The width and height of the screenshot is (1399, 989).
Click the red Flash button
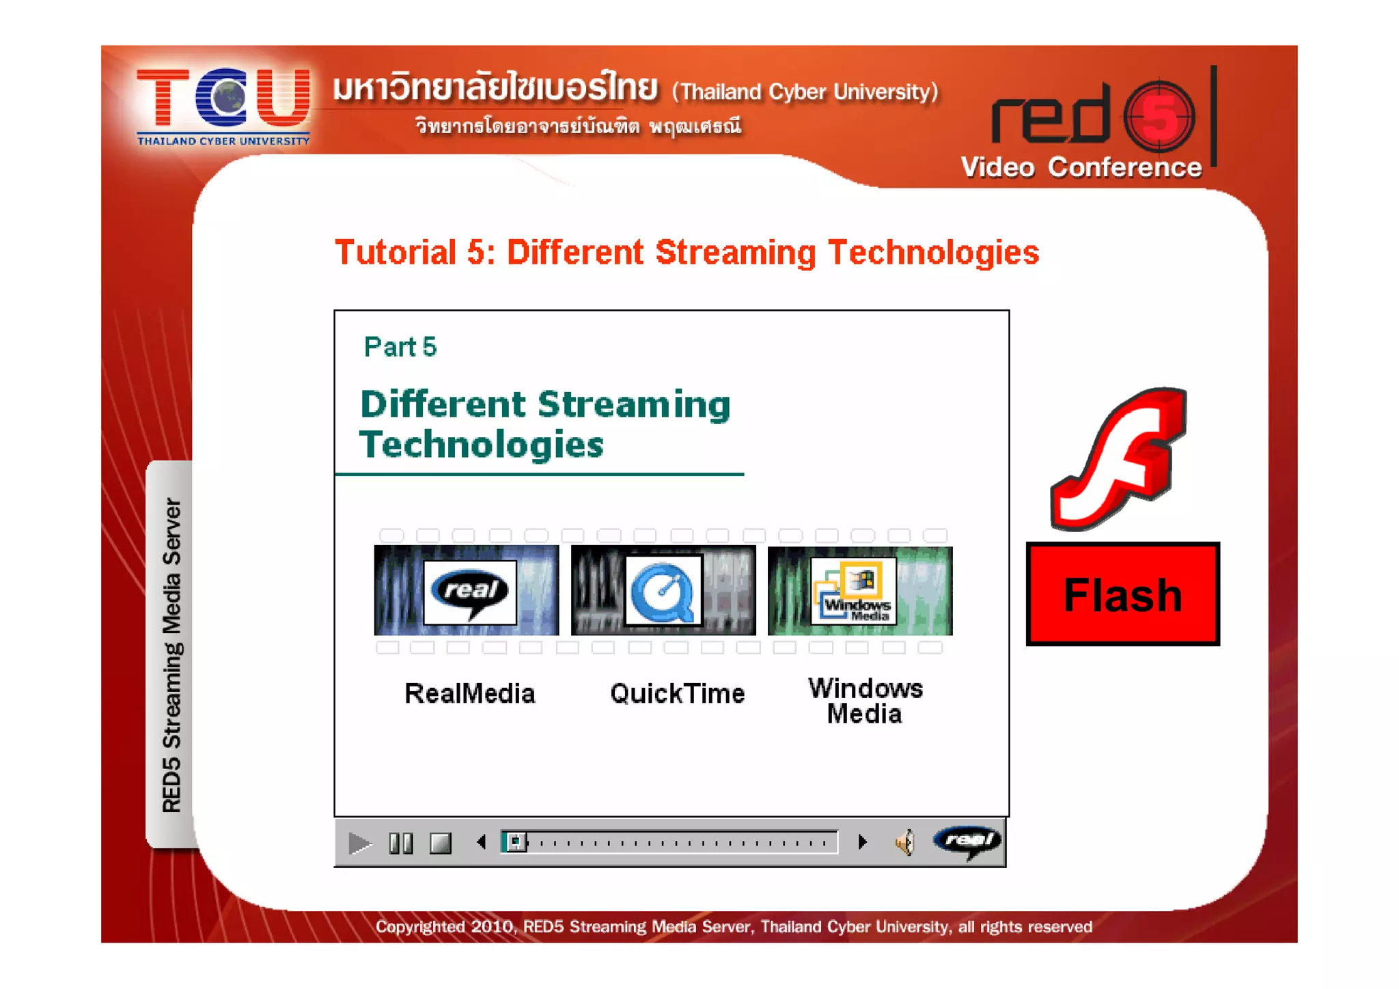pyautogui.click(x=1122, y=594)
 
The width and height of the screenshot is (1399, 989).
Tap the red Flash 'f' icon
pyautogui.click(x=1119, y=458)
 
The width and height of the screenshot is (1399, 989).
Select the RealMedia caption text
pyautogui.click(x=469, y=693)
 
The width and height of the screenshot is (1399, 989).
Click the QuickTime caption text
pyautogui.click(x=677, y=693)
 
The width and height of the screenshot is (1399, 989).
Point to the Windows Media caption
pyautogui.click(x=865, y=701)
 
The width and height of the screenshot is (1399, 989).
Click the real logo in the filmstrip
pyautogui.click(x=470, y=591)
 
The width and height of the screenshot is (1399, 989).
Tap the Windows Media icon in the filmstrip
pyautogui.click(x=854, y=590)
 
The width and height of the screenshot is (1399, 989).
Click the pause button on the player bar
pyautogui.click(x=401, y=844)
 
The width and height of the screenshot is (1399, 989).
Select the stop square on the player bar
pyautogui.click(x=441, y=844)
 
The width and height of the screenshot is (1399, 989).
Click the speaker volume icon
pyautogui.click(x=904, y=843)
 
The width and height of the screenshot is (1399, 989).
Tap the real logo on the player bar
pyautogui.click(x=968, y=841)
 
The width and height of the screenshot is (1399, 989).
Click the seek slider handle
pyautogui.click(x=515, y=842)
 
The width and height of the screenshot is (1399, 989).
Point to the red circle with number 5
pyautogui.click(x=1159, y=116)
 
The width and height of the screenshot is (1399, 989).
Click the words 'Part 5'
pyautogui.click(x=400, y=347)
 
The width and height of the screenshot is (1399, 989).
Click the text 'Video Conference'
pyautogui.click(x=1081, y=167)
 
